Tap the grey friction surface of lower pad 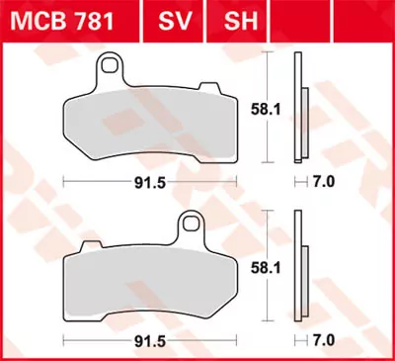(148, 277)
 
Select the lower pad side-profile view (300, 267)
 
